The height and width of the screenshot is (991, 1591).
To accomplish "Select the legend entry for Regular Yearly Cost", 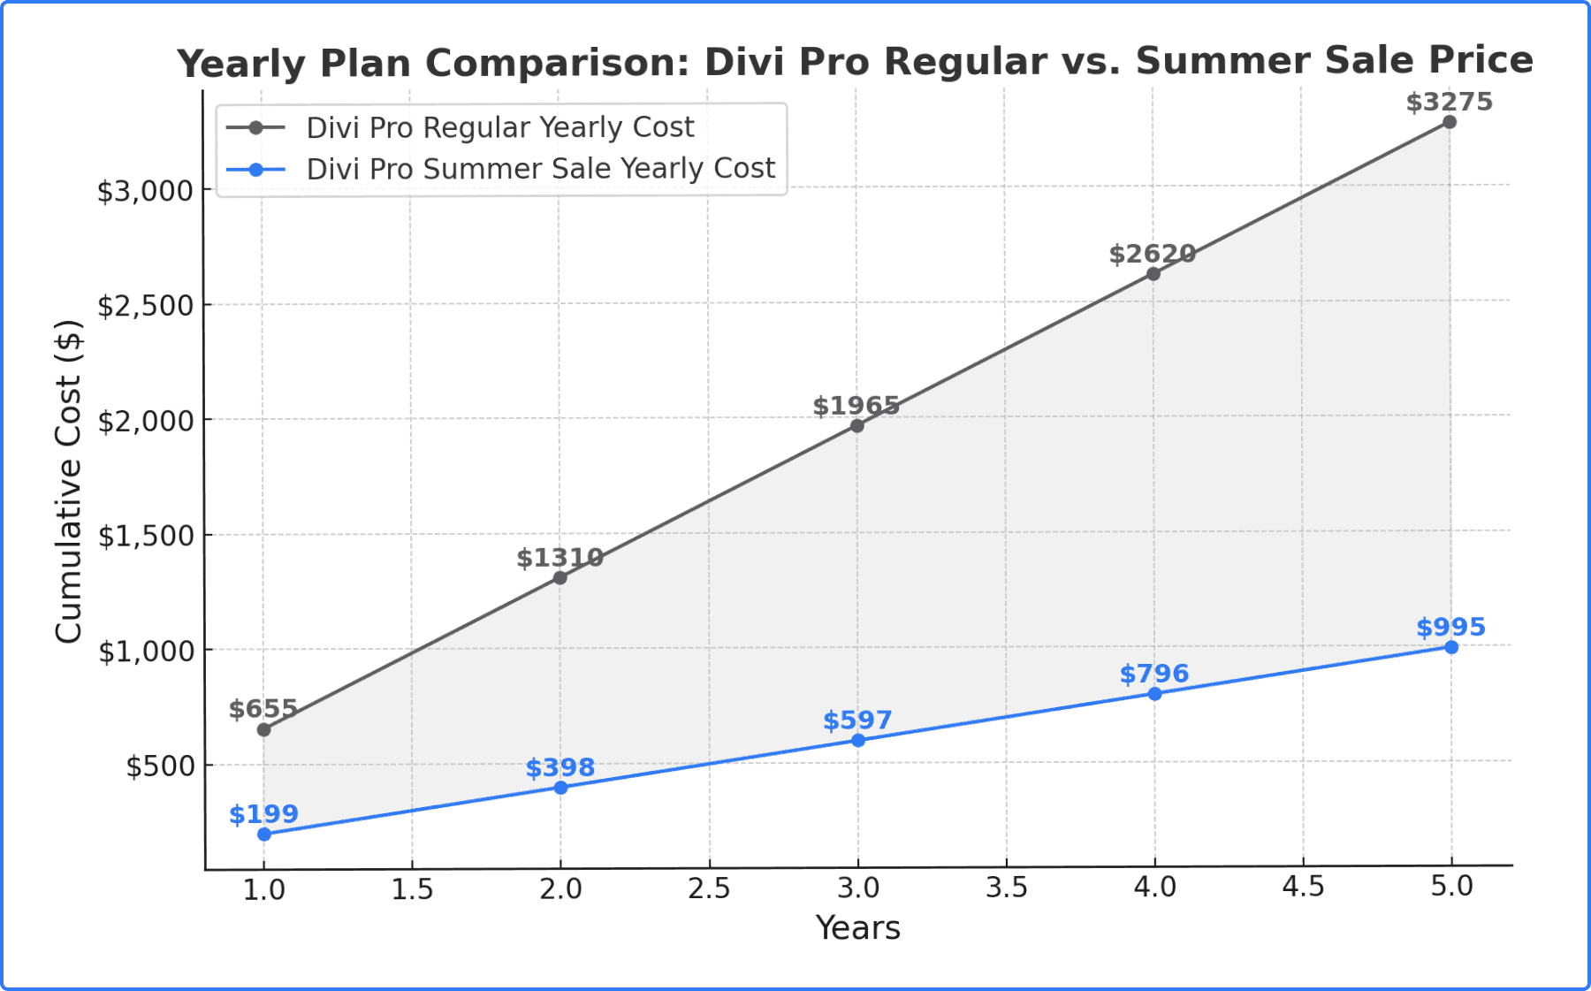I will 499,127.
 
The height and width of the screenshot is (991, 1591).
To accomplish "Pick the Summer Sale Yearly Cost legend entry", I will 540,168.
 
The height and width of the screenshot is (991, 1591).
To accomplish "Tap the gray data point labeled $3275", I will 1450,122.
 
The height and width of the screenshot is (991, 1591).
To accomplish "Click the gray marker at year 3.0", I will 856,426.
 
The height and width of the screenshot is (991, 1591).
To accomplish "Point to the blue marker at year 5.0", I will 1451,647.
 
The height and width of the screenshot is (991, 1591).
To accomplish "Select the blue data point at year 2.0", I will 560,787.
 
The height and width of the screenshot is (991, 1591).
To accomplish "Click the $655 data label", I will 263,709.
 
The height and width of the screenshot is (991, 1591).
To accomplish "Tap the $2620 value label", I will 1152,255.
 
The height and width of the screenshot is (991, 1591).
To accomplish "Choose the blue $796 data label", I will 1153,674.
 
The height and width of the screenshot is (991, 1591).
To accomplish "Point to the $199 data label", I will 263,814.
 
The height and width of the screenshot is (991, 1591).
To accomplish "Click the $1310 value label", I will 560,558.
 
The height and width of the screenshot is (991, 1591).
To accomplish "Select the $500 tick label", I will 160,766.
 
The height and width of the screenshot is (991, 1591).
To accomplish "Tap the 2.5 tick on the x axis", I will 709,888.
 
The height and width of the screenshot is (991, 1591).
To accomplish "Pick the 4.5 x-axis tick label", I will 1303,887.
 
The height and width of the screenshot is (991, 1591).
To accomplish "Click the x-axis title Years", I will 857,928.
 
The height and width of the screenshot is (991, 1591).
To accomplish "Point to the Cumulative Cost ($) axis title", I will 68,482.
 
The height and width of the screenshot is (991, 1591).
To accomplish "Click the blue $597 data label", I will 857,720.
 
